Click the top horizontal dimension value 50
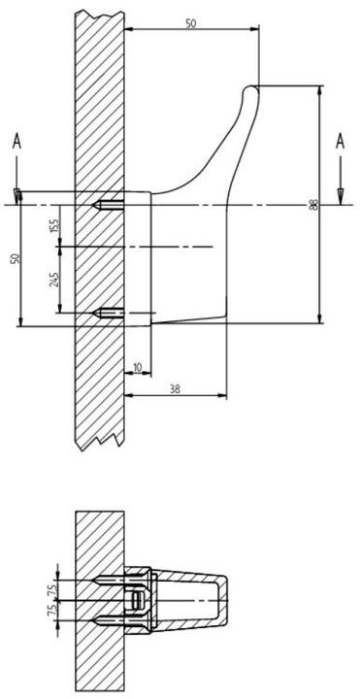click(191, 23)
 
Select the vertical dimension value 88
click(313, 204)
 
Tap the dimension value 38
click(175, 388)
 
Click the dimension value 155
click(54, 225)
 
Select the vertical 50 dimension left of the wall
click(15, 259)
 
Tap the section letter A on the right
click(340, 142)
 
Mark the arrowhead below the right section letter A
click(340, 197)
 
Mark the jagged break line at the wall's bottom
click(99, 443)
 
